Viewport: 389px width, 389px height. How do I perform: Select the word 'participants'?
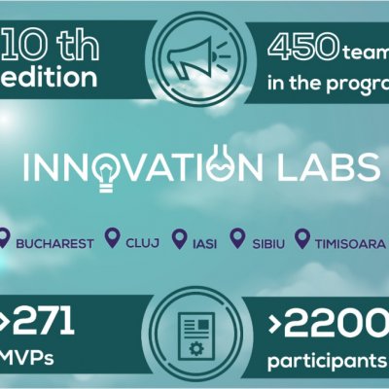click(x=323, y=361)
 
